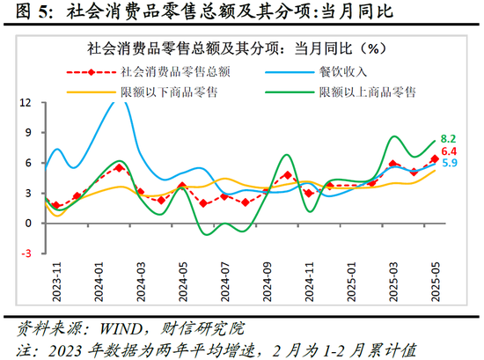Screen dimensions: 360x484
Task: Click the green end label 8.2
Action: (449, 139)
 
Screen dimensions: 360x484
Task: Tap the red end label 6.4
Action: (449, 151)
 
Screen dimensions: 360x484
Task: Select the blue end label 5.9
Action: (449, 164)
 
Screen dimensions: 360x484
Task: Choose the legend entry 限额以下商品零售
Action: (158, 91)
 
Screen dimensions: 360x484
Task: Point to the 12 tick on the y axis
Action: (26, 102)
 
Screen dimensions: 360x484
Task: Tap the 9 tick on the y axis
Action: (29, 133)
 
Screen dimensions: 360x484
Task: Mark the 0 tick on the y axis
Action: (29, 224)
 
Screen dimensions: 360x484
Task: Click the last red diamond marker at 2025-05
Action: (434, 159)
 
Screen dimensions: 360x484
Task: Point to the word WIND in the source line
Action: (114, 329)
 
